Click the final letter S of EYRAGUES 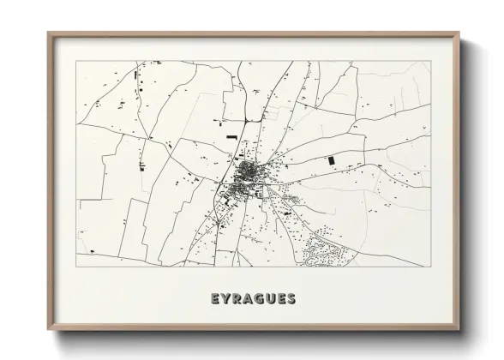click(292, 299)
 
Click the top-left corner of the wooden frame click(47, 33)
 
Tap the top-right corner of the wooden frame click(459, 33)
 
